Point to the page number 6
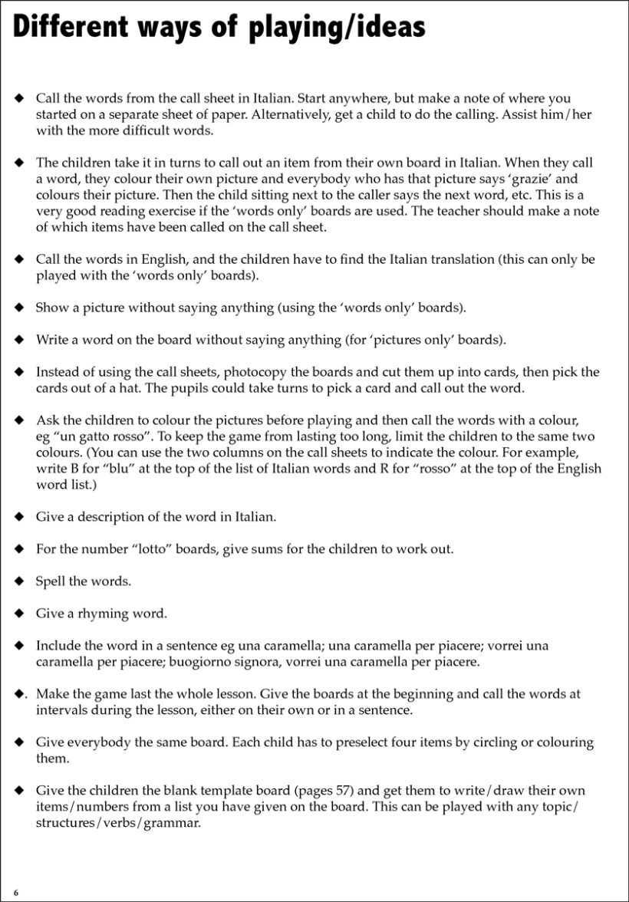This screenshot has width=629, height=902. point(15,893)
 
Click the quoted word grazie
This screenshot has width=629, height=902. point(522,179)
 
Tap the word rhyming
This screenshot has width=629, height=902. point(105,614)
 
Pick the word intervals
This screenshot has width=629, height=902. point(61,709)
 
